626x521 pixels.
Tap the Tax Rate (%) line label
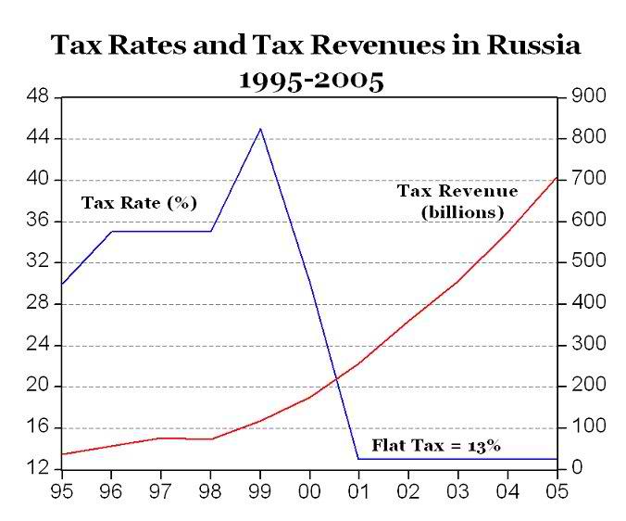click(x=140, y=202)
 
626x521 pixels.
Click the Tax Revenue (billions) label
click(x=458, y=201)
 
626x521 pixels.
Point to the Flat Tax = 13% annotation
click(x=436, y=446)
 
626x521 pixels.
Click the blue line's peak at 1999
click(x=260, y=129)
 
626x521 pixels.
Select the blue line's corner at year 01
click(x=358, y=459)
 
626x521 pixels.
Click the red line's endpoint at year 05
click(x=557, y=177)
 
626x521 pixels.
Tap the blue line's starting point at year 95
click(x=62, y=284)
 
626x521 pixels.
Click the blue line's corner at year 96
click(x=112, y=231)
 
